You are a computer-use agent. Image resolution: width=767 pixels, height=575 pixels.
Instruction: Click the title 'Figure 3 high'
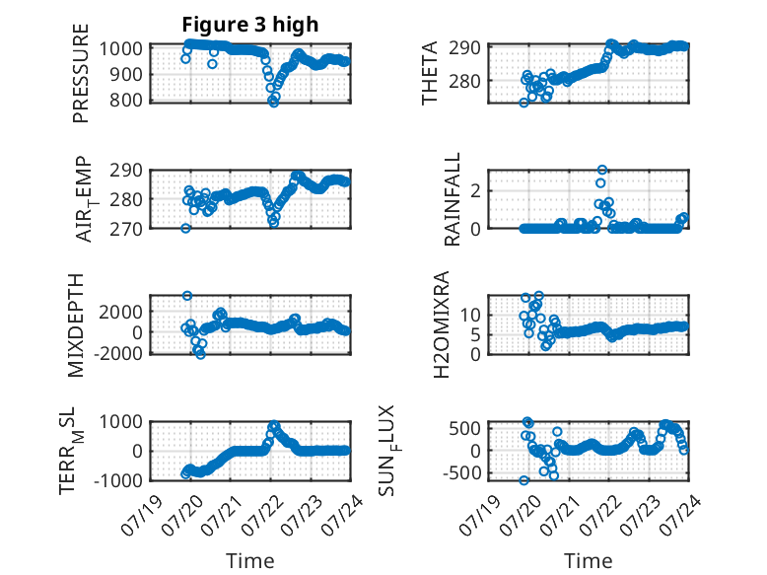coord(250,25)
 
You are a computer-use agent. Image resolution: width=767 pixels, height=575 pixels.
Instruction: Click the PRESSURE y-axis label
coord(81,73)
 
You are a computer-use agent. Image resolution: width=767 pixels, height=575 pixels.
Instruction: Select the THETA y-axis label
coord(430,73)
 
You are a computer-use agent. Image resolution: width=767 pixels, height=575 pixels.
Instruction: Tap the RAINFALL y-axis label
coord(452,199)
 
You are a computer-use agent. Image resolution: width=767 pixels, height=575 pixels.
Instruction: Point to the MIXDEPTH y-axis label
coord(76,325)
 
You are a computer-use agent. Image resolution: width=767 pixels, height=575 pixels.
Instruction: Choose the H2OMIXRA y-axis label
coord(442,324)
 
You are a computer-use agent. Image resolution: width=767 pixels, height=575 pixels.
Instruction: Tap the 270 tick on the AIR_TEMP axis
coord(126,229)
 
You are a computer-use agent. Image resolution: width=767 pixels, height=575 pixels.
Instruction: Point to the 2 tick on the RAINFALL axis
coord(475,191)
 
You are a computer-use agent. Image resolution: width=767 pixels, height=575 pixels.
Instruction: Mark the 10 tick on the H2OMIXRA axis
coord(470,315)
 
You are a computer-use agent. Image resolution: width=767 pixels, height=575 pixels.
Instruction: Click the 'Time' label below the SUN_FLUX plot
coord(588,561)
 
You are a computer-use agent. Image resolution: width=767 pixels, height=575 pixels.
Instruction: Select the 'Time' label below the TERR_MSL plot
coord(250,561)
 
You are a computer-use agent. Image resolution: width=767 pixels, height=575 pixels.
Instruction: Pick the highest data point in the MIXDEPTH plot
coord(187,296)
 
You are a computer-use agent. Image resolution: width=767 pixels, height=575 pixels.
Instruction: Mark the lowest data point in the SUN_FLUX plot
coord(523,480)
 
